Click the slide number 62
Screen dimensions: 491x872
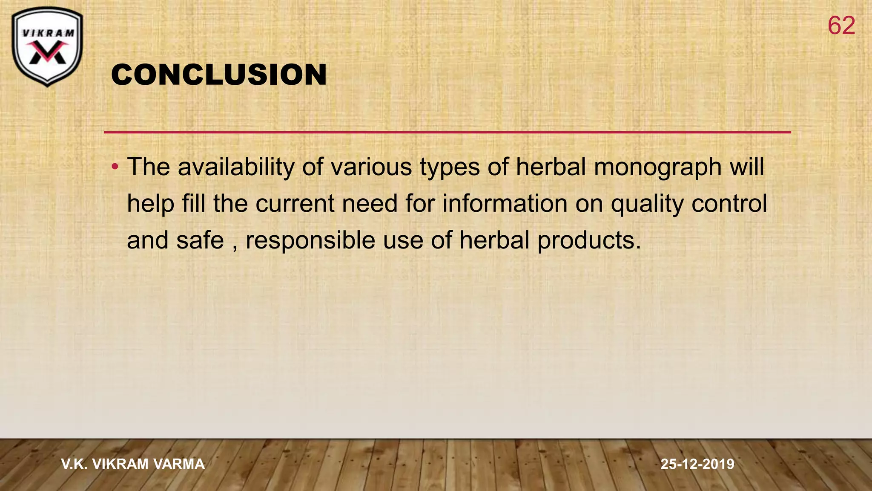[x=841, y=26]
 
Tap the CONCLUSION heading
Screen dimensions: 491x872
[x=219, y=75]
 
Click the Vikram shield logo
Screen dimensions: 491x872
[x=47, y=46]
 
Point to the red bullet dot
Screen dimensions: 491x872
[x=115, y=166]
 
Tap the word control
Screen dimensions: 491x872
[x=729, y=203]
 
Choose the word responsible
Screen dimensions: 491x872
[x=311, y=240]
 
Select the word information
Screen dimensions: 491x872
[x=505, y=203]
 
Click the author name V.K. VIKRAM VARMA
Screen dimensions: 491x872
[x=133, y=464]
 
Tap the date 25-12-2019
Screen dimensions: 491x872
[x=697, y=464]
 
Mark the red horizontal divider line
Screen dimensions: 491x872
[x=447, y=132]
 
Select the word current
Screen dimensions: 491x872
[x=295, y=203]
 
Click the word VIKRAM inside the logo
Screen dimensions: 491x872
[x=48, y=33]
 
